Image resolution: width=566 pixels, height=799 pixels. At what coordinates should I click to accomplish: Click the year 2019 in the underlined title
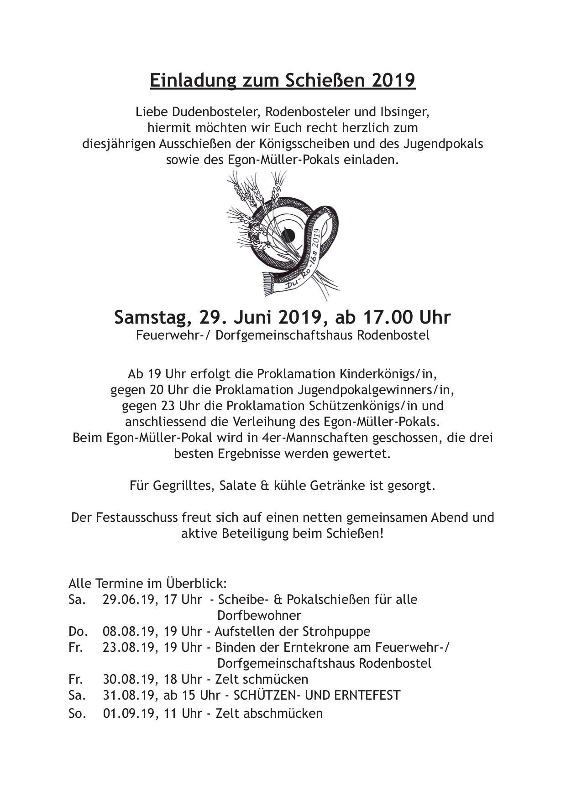[x=393, y=80]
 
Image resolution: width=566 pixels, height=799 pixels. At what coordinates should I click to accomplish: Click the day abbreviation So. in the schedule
[x=77, y=713]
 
